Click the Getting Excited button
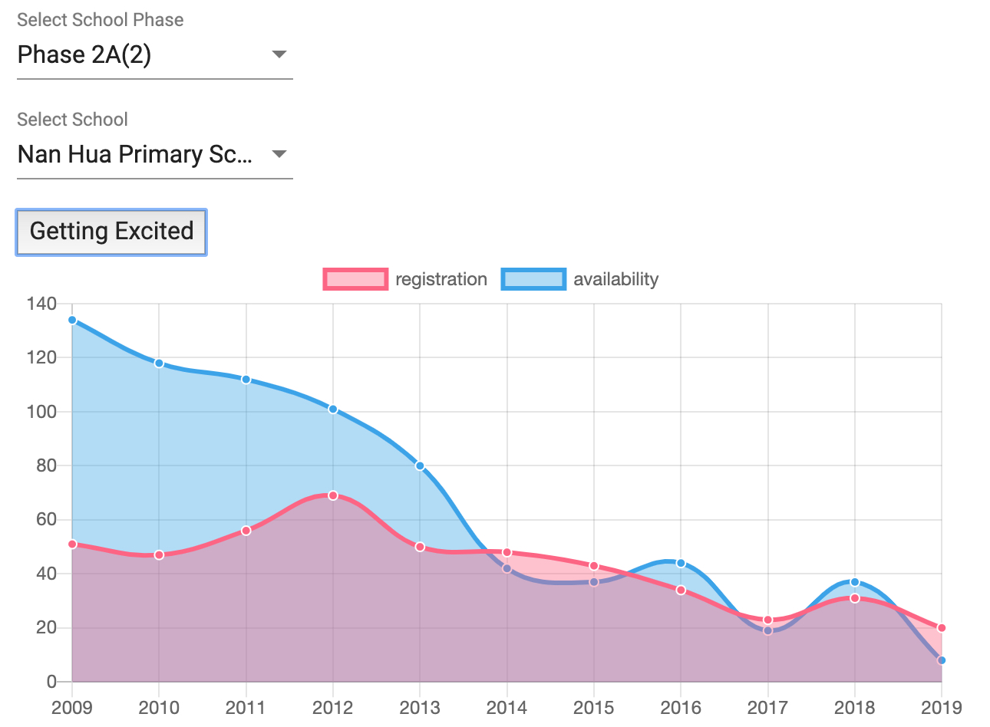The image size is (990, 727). [x=111, y=232]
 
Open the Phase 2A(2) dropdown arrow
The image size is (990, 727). [x=279, y=54]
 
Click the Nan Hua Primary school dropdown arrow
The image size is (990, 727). [x=279, y=154]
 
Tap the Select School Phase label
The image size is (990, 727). [x=101, y=20]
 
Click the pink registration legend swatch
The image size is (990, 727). [x=355, y=279]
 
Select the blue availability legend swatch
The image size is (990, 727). [x=533, y=279]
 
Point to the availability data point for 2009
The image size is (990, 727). [x=72, y=320]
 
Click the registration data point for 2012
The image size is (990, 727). [x=333, y=495]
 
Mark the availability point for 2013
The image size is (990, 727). [x=420, y=465]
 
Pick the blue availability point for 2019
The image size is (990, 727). [x=942, y=660]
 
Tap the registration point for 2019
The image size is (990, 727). [x=942, y=628]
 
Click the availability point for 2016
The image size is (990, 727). [x=681, y=563]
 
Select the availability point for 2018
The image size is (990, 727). [x=855, y=582]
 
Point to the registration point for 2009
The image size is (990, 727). [x=72, y=544]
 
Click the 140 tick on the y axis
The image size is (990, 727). [x=41, y=304]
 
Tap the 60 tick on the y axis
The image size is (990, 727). [x=46, y=519]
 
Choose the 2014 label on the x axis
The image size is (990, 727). [x=507, y=707]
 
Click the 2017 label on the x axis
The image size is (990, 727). [x=767, y=707]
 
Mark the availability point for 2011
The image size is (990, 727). [x=246, y=380]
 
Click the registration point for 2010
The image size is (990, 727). [x=159, y=554]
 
